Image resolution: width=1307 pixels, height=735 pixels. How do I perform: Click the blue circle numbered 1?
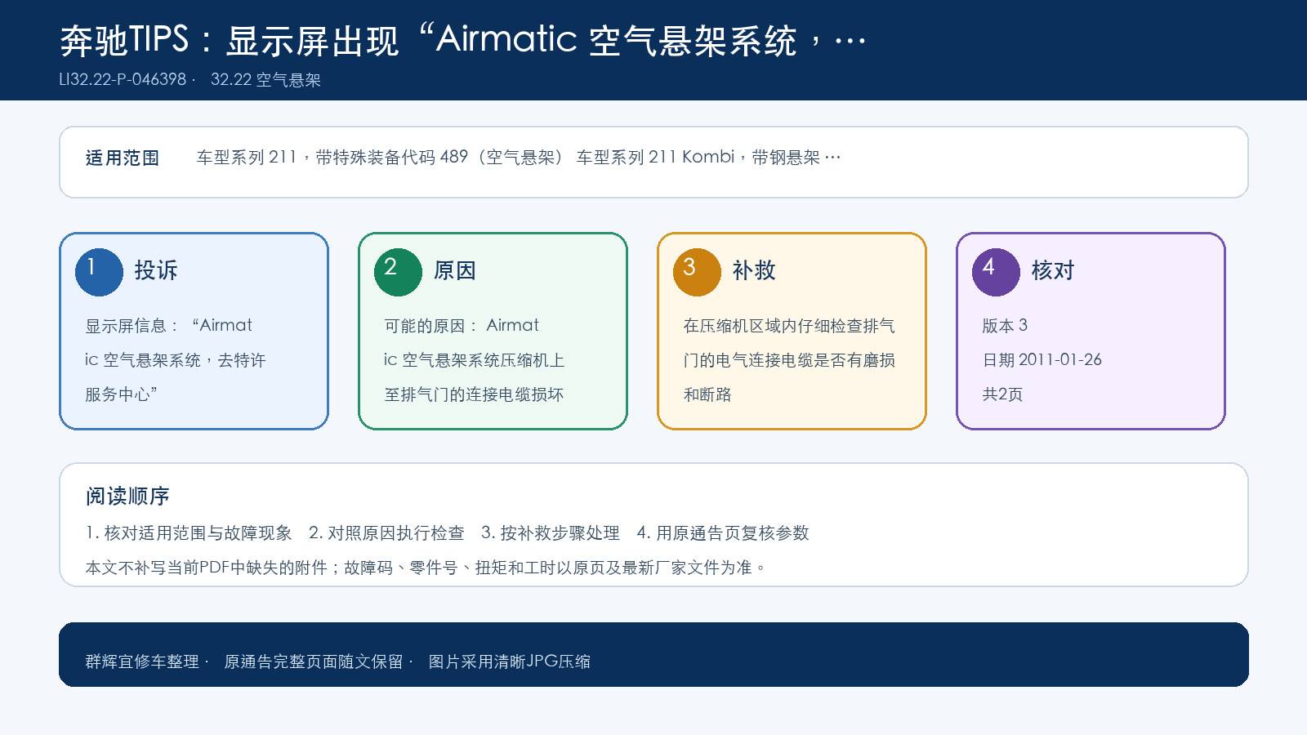(99, 272)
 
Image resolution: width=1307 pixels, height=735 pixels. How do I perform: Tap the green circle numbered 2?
(398, 272)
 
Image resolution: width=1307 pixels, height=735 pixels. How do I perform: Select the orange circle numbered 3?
(697, 272)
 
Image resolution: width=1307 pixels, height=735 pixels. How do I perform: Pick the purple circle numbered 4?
(996, 272)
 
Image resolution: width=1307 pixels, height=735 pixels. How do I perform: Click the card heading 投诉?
(156, 270)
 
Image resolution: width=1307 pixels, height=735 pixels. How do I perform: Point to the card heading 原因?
(454, 270)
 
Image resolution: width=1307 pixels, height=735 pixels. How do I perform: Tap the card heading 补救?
(754, 270)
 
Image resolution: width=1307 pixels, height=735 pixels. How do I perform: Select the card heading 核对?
(1053, 270)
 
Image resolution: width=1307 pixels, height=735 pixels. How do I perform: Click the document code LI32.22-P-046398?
(123, 79)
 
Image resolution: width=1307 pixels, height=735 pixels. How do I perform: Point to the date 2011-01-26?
(1059, 360)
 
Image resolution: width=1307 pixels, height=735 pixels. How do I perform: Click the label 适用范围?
(122, 158)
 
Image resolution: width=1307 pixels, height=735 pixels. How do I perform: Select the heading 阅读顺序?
(127, 497)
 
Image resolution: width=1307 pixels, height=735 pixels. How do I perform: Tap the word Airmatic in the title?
(506, 40)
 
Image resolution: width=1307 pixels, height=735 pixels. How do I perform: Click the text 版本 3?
(1005, 326)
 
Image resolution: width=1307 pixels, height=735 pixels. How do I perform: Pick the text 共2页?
(1002, 394)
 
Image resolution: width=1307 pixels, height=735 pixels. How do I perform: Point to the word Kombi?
(707, 157)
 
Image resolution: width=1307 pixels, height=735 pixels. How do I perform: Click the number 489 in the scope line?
(454, 157)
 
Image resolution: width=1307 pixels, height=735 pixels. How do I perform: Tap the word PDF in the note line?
(214, 567)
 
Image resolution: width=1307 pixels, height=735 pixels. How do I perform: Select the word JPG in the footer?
(542, 661)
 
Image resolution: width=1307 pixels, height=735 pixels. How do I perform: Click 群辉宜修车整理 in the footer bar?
(142, 661)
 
